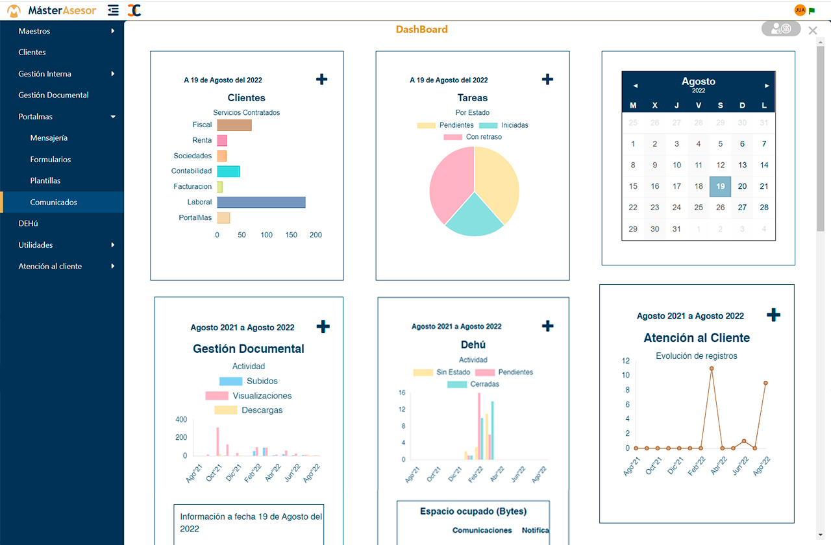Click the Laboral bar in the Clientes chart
[261, 202]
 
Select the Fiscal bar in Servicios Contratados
[234, 125]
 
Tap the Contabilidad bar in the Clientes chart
[228, 171]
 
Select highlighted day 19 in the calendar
[720, 186]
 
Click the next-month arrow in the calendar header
[767, 86]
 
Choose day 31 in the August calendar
[676, 229]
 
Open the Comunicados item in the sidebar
[54, 202]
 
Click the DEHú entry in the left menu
[29, 223]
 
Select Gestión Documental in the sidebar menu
[54, 95]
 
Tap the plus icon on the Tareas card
[547, 79]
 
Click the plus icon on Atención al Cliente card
[773, 315]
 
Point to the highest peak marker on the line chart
[712, 369]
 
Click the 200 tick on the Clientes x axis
[316, 235]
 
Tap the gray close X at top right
[813, 30]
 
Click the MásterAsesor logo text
[62, 10]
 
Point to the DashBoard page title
[422, 29]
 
